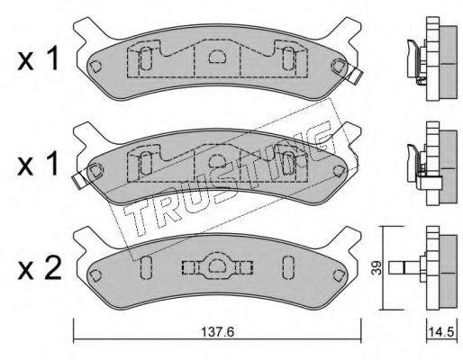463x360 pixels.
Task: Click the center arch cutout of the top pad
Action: pos(216,58)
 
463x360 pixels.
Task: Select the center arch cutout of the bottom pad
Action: pos(216,265)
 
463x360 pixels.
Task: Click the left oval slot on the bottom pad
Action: pos(147,267)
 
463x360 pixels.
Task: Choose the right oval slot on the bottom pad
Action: pos(286,267)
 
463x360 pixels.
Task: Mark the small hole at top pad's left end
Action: pos(95,66)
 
